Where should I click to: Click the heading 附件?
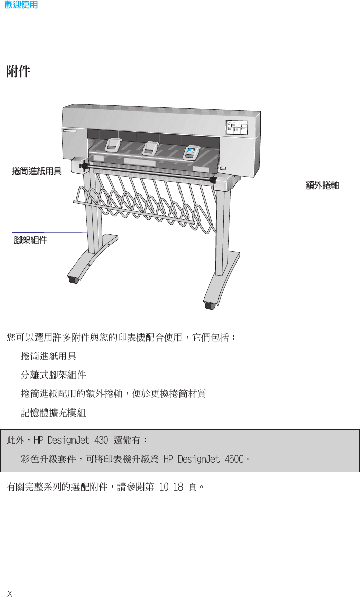[x=18, y=72]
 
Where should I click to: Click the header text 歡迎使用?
[x=20, y=6]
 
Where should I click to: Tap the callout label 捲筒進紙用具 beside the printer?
[x=37, y=171]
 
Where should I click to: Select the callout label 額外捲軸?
[x=322, y=185]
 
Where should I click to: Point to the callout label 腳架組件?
[x=30, y=240]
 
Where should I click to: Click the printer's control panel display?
[x=236, y=129]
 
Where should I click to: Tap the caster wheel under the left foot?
[x=74, y=279]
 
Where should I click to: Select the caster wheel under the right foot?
[x=209, y=305]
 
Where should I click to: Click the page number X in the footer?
[x=9, y=593]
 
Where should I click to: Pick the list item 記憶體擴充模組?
[x=53, y=413]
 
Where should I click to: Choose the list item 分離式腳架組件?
[x=53, y=375]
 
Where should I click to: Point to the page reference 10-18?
[x=171, y=488]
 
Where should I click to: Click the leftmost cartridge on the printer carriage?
[x=113, y=145]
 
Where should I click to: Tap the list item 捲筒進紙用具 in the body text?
[x=49, y=356]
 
